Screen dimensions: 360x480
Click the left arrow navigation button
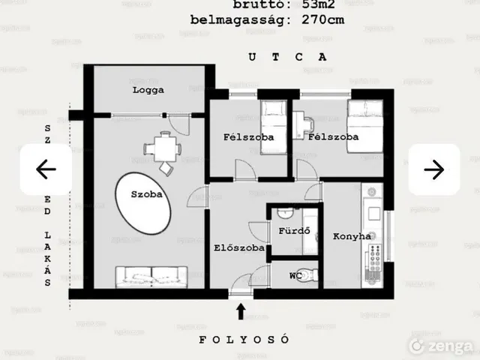click(x=46, y=169)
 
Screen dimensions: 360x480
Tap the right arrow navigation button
click(x=433, y=169)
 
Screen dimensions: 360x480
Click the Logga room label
click(x=148, y=90)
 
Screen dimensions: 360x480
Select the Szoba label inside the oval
click(x=147, y=193)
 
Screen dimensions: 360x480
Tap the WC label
click(x=295, y=275)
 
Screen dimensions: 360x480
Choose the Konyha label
click(x=352, y=236)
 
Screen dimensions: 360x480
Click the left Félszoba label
click(x=247, y=137)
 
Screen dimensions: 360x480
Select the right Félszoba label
click(x=333, y=137)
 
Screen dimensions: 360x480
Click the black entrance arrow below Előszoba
click(x=241, y=310)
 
